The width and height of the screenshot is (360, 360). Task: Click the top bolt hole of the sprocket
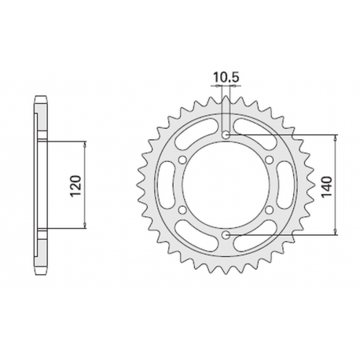[227, 135]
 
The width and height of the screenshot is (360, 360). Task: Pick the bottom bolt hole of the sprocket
[227, 235]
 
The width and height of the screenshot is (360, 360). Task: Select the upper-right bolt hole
[270, 160]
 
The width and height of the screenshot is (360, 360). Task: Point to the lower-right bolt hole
[270, 210]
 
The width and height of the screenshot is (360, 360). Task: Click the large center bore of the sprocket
[227, 186]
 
